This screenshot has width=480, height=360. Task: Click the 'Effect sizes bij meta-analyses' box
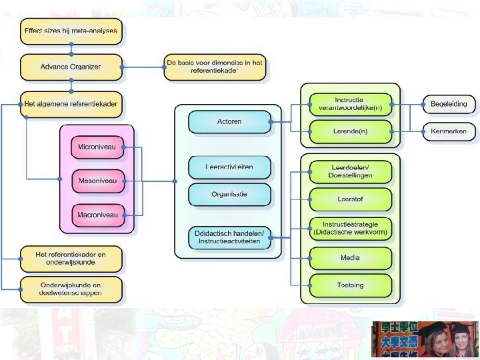pos(71,31)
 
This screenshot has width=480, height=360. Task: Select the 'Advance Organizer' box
pos(71,67)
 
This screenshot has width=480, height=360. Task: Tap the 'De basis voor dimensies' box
pos(215,67)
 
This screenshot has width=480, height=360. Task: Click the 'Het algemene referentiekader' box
pos(71,104)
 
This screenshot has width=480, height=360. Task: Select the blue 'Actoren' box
pos(229,122)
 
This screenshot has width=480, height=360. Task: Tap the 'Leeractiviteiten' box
pos(229,167)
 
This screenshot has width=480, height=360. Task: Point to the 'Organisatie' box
pos(229,195)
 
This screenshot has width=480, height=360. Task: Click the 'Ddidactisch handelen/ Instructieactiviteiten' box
pos(229,237)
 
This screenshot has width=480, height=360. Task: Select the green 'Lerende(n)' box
pos(350,131)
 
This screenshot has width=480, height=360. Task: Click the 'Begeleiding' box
pos(449,105)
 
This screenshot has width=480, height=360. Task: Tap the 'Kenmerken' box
pos(449,131)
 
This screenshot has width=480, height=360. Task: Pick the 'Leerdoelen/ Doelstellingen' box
pos(350,171)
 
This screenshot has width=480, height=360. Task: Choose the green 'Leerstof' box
pos(350,199)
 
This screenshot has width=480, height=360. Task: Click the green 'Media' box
pos(350,257)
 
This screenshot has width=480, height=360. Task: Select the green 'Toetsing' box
pos(350,285)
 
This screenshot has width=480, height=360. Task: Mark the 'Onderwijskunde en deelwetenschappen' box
pos(71,289)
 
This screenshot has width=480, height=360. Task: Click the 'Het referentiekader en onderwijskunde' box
pos(71,259)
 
